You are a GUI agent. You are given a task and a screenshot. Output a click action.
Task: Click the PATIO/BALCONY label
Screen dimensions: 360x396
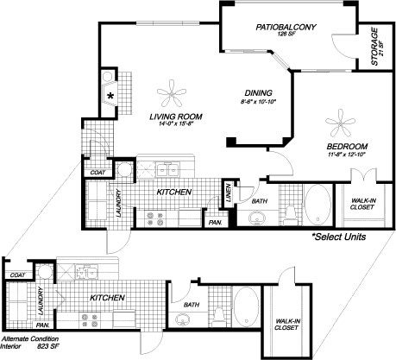tap(286, 28)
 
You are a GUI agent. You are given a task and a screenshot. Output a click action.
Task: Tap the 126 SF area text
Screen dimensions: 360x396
tap(286, 35)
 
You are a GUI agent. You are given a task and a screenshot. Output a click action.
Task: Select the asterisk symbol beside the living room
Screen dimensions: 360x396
tap(111, 96)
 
